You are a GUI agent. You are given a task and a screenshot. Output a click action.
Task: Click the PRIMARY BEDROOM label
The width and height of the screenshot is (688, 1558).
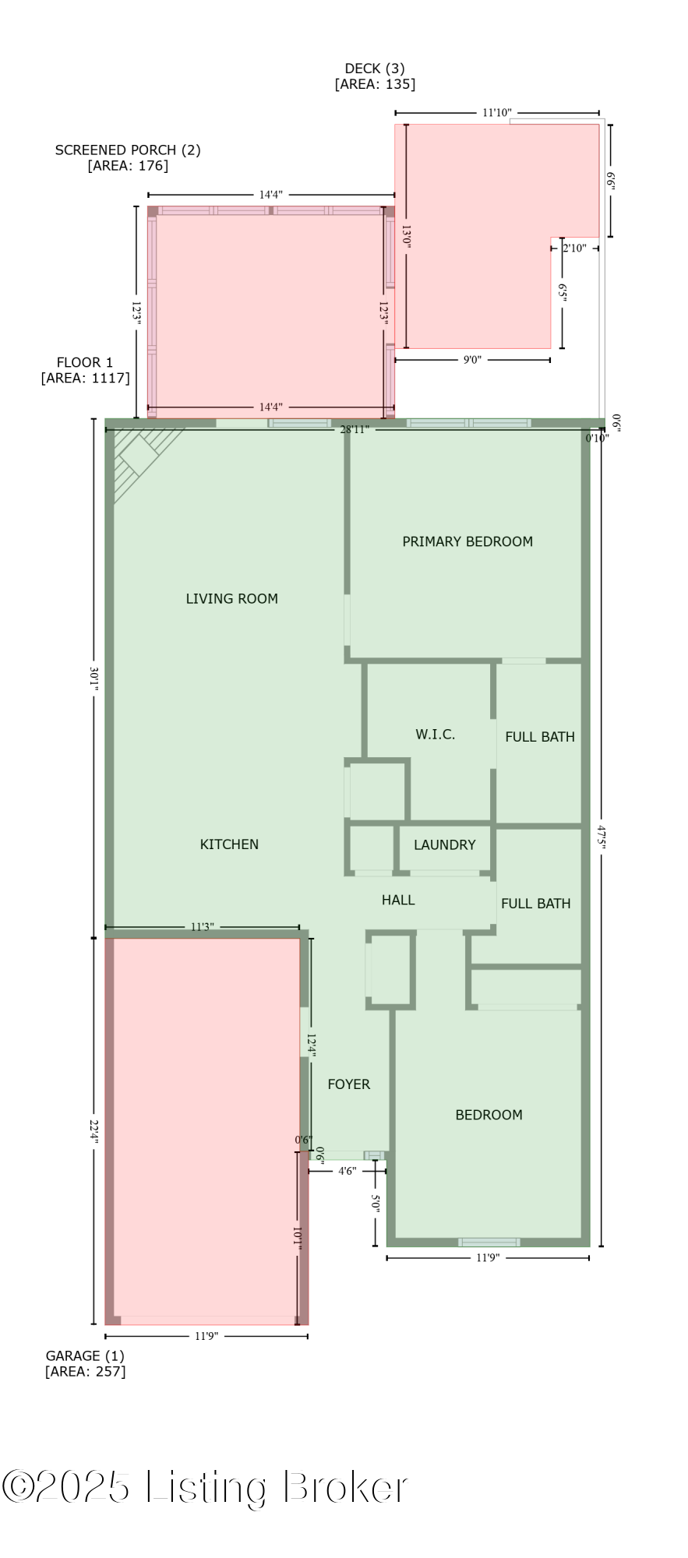[x=467, y=541]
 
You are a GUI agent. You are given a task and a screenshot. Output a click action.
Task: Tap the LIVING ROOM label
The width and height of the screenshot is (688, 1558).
[x=231, y=598]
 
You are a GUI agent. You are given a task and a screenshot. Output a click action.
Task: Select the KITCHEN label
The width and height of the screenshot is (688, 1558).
[x=229, y=844]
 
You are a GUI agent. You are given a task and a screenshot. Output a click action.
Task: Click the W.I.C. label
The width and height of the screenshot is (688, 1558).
[x=435, y=734]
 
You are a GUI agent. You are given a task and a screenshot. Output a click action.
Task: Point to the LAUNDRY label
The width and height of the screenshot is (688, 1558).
[x=444, y=844]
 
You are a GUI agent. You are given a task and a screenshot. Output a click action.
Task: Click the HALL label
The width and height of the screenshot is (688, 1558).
[x=398, y=900]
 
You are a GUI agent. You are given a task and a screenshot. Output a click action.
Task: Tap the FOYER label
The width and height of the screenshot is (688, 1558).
[x=348, y=1084]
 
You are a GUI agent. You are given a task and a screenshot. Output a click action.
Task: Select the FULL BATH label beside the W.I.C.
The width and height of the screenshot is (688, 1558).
[x=540, y=736]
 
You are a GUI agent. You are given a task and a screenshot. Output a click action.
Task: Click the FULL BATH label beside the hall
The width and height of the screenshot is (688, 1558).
[x=536, y=904]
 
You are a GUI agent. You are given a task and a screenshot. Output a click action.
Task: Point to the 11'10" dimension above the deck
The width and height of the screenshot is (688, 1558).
[x=496, y=113]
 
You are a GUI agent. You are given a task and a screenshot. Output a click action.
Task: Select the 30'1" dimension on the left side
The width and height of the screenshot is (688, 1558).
[x=94, y=678]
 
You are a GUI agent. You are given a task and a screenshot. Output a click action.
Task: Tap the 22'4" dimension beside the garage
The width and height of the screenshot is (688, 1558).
[x=94, y=1131]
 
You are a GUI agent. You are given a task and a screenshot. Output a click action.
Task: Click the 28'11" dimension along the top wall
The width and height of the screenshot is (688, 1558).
[x=355, y=430]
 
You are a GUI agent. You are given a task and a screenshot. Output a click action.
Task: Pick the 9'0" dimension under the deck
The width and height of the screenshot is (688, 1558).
[x=472, y=360]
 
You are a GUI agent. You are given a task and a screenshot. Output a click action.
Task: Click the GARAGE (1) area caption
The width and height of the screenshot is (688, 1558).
[x=85, y=1363]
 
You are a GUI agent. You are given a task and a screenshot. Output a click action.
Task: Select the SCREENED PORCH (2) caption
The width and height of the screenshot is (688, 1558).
[x=128, y=157]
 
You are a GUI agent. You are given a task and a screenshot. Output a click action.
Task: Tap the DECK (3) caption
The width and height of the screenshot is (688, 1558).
[x=375, y=76]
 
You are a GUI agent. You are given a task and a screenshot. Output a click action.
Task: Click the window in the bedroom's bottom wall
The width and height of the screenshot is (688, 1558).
[x=489, y=1242]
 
